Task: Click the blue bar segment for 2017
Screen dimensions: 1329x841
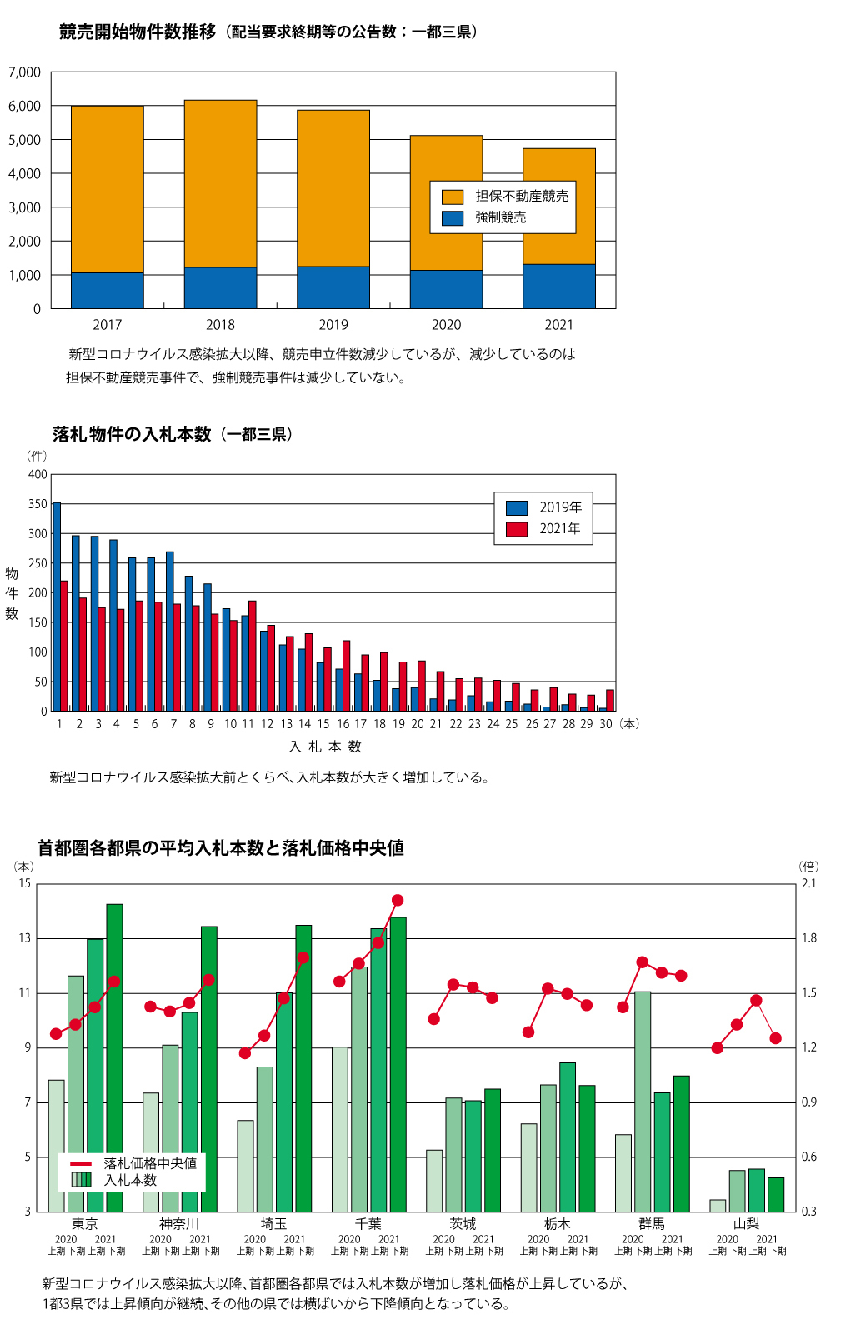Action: pos(107,291)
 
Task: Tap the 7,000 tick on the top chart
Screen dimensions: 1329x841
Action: pos(25,72)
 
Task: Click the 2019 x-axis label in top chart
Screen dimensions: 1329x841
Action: pos(333,325)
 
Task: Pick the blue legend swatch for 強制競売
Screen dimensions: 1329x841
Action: pos(453,218)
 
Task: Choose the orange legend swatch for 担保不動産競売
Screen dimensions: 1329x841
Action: pos(453,197)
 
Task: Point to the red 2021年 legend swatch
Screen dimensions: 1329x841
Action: pos(517,529)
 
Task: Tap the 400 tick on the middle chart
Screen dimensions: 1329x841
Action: pos(38,475)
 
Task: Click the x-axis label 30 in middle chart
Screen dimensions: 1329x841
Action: pos(606,724)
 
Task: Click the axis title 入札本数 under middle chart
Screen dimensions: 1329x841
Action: pos(325,747)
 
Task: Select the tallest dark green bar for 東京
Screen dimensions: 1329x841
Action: pos(114,1057)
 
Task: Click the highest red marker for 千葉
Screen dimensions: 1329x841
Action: pos(398,900)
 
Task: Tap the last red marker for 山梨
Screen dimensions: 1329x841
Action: pos(776,1038)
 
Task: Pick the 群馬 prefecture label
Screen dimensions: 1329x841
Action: pos(652,1224)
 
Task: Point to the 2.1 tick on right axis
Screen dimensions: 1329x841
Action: pos(808,883)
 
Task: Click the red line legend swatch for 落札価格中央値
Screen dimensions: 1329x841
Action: pos(81,1164)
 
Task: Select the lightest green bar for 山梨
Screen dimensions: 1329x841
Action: pos(718,1206)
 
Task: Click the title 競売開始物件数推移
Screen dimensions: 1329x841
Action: pos(138,32)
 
